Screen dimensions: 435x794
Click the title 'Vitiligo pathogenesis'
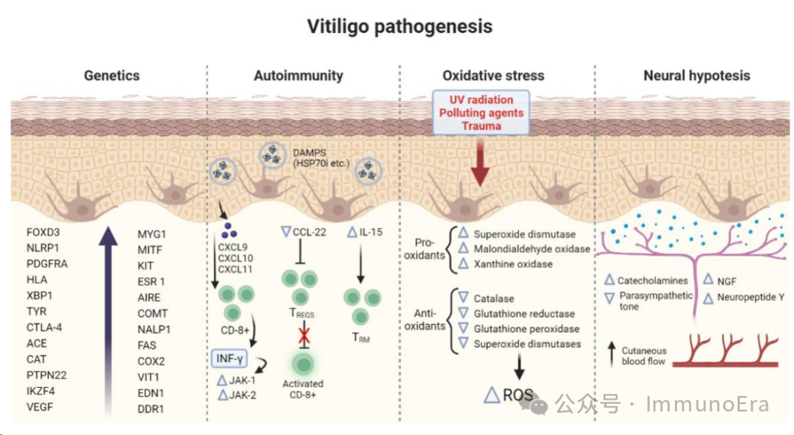[399, 27]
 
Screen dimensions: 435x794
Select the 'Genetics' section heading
[112, 75]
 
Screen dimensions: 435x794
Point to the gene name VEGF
[40, 407]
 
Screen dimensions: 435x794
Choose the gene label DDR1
[151, 409]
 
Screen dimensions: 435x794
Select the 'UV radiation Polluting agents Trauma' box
[481, 112]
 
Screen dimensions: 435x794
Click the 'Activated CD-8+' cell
[302, 364]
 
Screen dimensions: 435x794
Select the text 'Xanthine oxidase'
[513, 263]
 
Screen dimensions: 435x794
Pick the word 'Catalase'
[494, 299]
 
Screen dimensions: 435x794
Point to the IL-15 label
[368, 233]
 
